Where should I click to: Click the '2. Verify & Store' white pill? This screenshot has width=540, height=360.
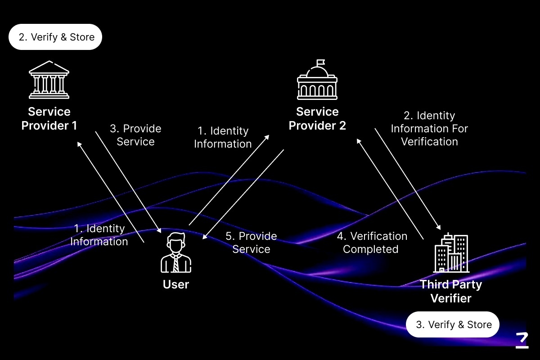click(55, 37)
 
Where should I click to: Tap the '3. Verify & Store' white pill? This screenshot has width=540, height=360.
click(453, 324)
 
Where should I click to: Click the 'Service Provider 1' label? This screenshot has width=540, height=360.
click(49, 118)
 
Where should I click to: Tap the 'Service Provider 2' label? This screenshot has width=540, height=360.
click(317, 118)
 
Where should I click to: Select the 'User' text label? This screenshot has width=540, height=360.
click(175, 284)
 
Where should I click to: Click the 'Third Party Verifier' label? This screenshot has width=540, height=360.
click(451, 291)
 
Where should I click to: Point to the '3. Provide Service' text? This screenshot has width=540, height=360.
click(135, 135)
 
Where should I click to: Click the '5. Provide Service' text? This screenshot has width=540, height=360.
click(251, 243)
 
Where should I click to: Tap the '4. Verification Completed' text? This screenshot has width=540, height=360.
click(372, 243)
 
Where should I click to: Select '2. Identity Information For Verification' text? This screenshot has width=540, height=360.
click(429, 129)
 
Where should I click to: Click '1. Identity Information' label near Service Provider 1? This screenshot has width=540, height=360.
click(99, 235)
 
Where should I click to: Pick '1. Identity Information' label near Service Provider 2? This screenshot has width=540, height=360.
click(223, 137)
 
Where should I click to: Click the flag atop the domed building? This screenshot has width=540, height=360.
click(320, 63)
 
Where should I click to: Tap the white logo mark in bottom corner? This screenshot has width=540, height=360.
click(522, 340)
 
